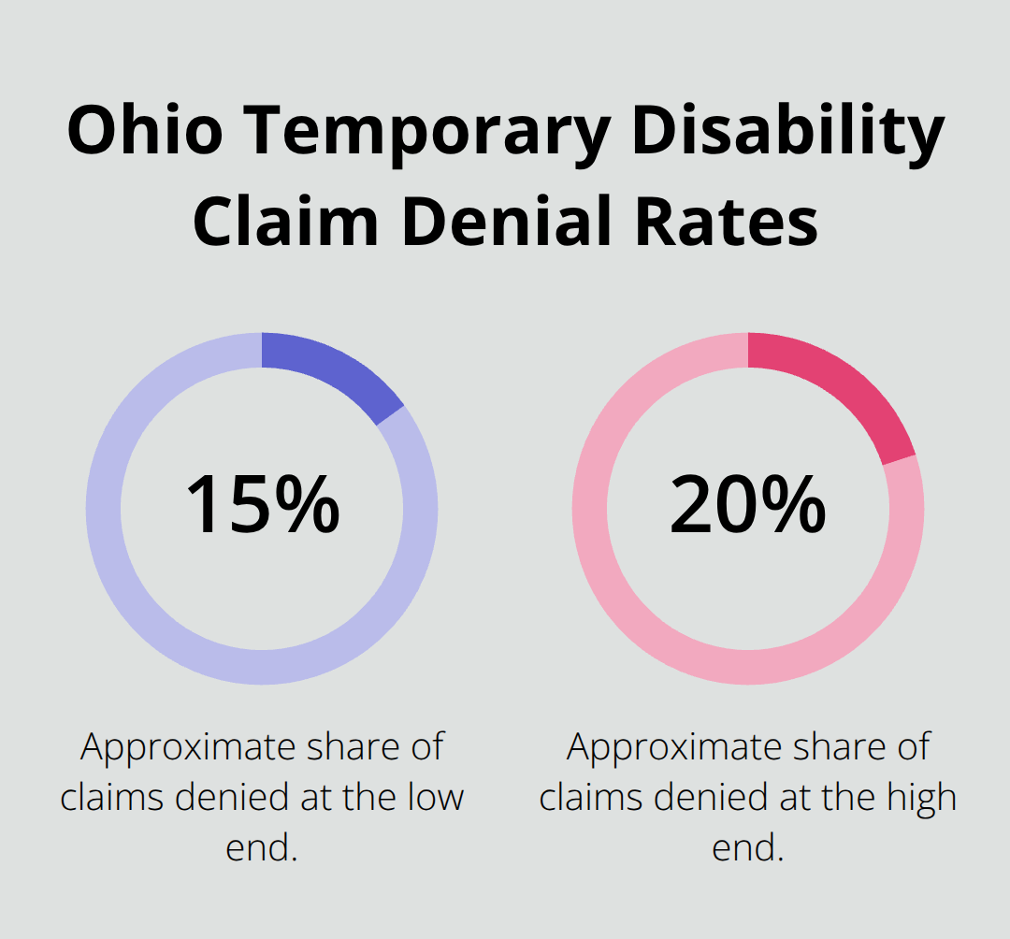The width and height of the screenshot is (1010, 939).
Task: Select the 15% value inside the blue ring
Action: point(262,505)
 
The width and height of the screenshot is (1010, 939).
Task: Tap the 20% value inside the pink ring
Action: point(747,505)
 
